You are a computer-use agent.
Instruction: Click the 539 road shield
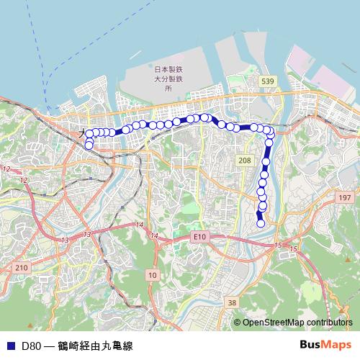pos(268,81)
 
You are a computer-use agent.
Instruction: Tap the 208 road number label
pos(245,160)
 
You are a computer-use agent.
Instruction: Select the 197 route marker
pos(345,197)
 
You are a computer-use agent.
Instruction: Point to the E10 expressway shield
pos(199,236)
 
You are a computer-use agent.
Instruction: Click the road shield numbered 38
pos(231,303)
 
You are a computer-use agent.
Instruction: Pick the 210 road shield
pos(21,267)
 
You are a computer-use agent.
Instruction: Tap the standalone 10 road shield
pos(152,275)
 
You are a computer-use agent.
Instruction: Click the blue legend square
pos(10,346)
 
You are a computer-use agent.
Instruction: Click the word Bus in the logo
pos(311,345)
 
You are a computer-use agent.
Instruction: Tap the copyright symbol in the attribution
pos(237,323)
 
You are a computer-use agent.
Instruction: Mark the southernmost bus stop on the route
pos(261,223)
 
